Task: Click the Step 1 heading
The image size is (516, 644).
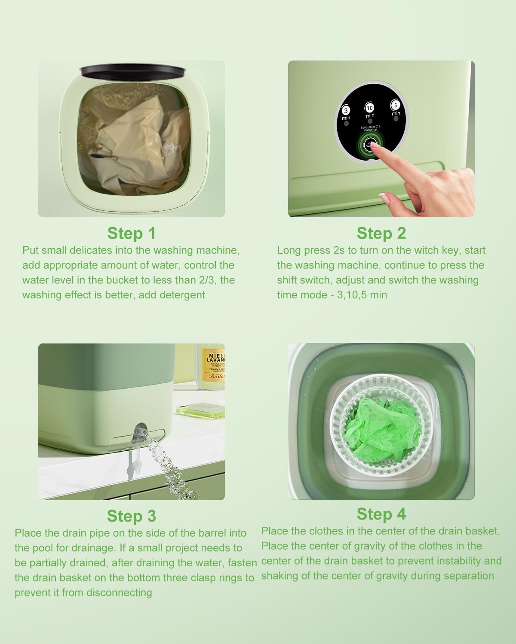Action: click(x=131, y=233)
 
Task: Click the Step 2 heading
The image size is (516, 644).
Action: click(x=381, y=233)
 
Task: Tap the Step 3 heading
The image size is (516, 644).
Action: click(x=131, y=516)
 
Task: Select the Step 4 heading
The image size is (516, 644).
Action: click(x=381, y=514)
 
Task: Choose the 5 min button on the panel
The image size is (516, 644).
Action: click(x=396, y=106)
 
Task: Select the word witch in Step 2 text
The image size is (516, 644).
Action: click(x=427, y=250)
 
